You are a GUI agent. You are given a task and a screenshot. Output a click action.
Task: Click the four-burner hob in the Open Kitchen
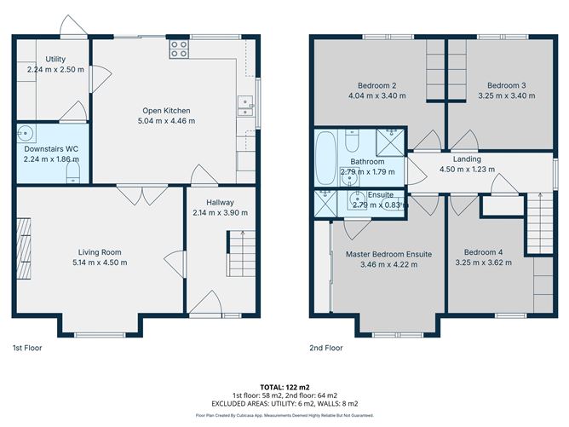pyautogui.click(x=179, y=49)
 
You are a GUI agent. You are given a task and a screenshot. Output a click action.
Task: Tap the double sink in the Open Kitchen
pyautogui.click(x=245, y=106)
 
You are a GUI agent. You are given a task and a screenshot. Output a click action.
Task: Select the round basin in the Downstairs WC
pyautogui.click(x=27, y=133)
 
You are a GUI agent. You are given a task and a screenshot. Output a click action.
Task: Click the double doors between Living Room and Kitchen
pyautogui.click(x=131, y=194)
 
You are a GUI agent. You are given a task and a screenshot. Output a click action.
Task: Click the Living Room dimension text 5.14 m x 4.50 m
pyautogui.click(x=100, y=263)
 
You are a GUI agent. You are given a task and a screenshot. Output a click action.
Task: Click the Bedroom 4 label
pyautogui.click(x=484, y=251)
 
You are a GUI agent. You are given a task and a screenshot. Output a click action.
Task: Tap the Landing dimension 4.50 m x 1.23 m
pyautogui.click(x=467, y=169)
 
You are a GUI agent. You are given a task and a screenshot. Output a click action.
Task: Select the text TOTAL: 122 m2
pyautogui.click(x=284, y=386)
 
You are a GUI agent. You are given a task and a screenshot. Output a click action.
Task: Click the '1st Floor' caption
pyautogui.click(x=26, y=348)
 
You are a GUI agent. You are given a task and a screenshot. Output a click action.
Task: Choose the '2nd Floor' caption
pyautogui.click(x=326, y=348)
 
